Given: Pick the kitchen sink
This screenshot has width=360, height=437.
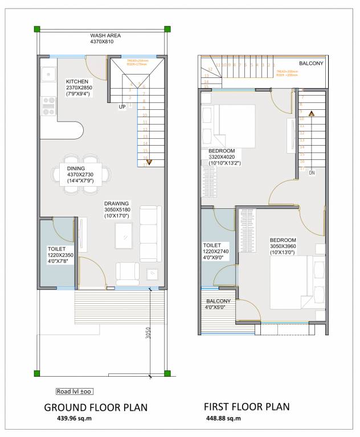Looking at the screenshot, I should point(48,73).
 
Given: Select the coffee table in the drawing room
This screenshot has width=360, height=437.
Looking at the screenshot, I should point(123,234).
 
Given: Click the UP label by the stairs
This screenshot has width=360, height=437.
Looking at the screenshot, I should point(122,106).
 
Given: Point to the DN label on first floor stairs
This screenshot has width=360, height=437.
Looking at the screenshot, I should point(312,172).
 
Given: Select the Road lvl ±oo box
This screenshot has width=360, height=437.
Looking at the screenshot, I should point(74,391).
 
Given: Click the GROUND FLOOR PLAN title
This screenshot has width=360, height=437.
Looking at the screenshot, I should point(96,407).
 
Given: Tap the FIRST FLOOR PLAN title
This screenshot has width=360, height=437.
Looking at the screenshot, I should point(247,407).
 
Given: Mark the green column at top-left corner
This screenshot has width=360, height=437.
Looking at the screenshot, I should point(37,29).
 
